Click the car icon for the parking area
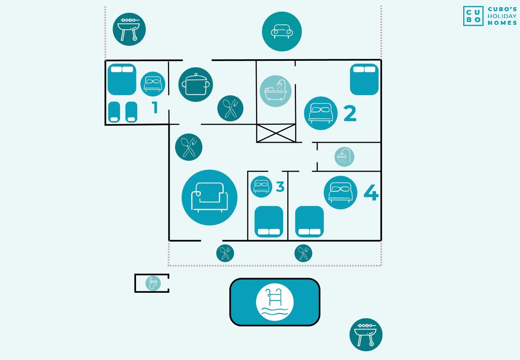pyautogui.click(x=282, y=31)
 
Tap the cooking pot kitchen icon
pyautogui.click(x=196, y=84)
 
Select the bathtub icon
pyautogui.click(x=276, y=91)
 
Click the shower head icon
pyautogui.click(x=344, y=157)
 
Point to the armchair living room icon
pyautogui.click(x=209, y=198)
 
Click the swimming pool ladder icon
pyautogui.click(x=275, y=302)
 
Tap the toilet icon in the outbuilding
pyautogui.click(x=153, y=283)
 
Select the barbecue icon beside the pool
pyautogui.click(x=366, y=334)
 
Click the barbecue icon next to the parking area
pyautogui.click(x=129, y=29)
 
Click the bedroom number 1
pyautogui.click(x=155, y=107)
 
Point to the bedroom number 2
pyautogui.click(x=350, y=113)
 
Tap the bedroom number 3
pyautogui.click(x=280, y=187)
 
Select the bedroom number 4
pyautogui.click(x=371, y=192)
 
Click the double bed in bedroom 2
pyautogui.click(x=364, y=79)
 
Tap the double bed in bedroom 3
pyautogui.click(x=269, y=222)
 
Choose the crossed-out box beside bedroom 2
pyautogui.click(x=276, y=133)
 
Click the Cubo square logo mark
pyautogui.click(x=473, y=16)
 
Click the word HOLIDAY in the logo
pyautogui.click(x=502, y=16)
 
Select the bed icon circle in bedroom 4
pyautogui.click(x=340, y=192)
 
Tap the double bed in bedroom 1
pyautogui.click(x=122, y=79)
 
